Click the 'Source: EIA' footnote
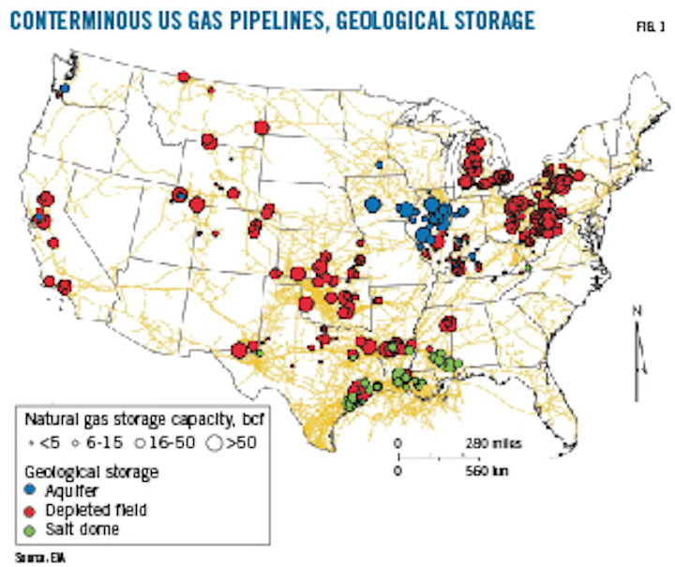tap(30, 559)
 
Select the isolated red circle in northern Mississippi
tap(448, 323)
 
